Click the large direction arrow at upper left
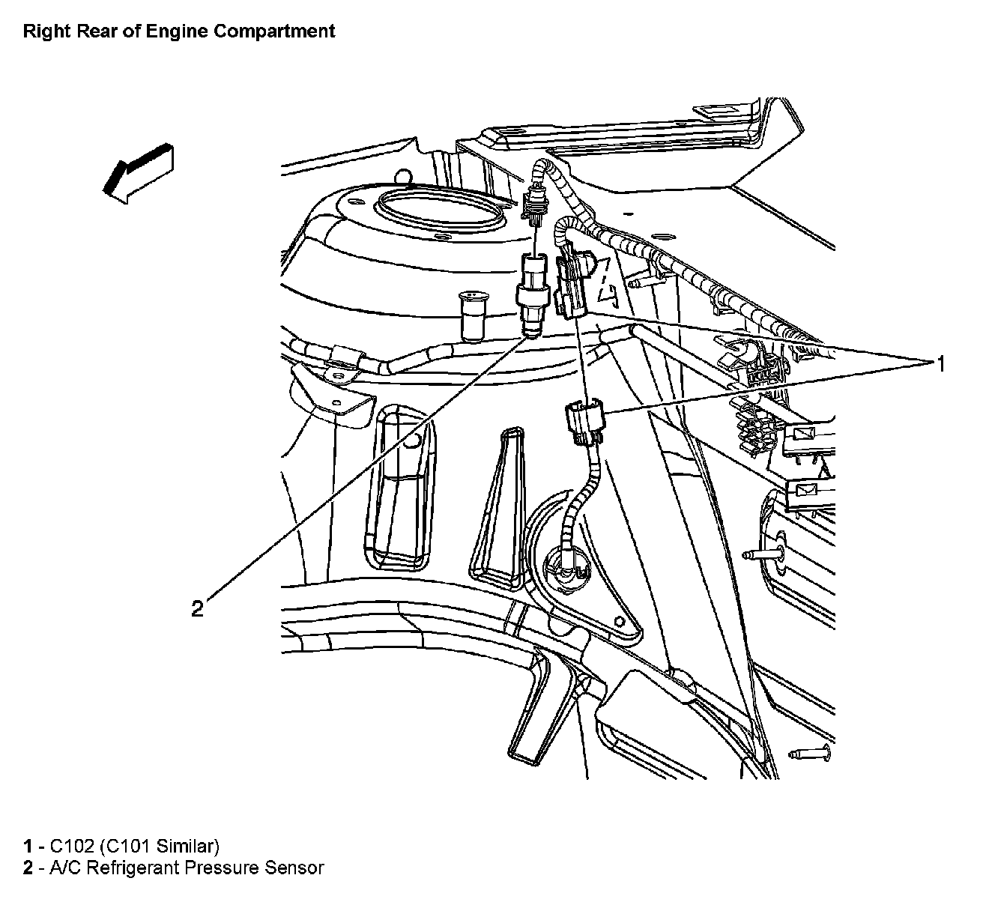coord(139,172)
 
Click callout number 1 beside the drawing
coord(938,364)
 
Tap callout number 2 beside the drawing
coord(197,609)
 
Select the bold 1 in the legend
coord(28,847)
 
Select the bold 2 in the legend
coord(28,868)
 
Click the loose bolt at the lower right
coord(809,754)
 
